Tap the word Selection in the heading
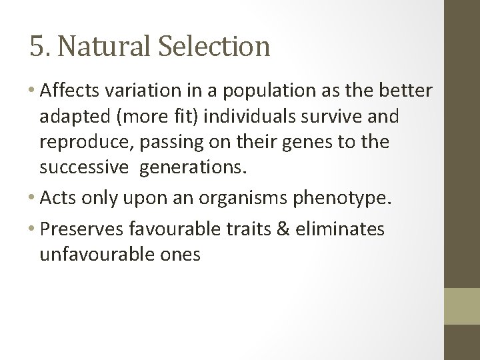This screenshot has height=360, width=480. [x=215, y=47]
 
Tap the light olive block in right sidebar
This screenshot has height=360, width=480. [x=461, y=306]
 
